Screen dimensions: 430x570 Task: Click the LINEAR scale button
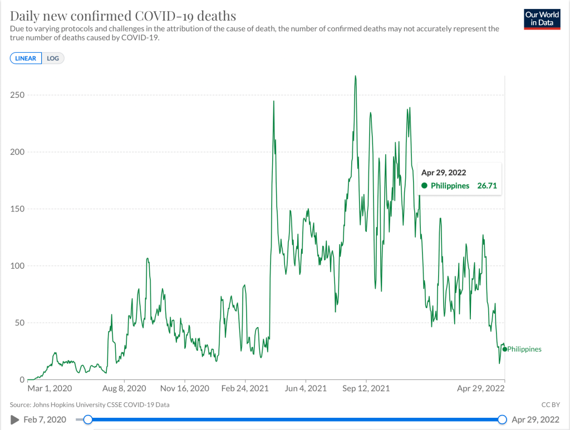(x=26, y=58)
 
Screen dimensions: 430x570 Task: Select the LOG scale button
(x=53, y=58)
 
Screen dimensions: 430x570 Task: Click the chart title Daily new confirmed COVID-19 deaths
(x=123, y=15)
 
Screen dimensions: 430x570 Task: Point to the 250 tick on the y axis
(x=17, y=95)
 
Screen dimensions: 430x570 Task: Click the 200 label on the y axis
(x=17, y=152)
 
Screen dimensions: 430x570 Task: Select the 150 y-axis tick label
(x=17, y=209)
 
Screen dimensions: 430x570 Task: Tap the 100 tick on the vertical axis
(x=17, y=266)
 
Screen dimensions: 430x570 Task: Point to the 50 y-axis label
(x=19, y=323)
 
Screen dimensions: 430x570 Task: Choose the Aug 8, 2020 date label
(x=125, y=389)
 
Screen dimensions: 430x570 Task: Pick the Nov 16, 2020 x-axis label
(x=184, y=389)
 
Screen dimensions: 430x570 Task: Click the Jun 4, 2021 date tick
(x=306, y=389)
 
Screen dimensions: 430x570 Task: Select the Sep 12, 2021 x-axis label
(x=366, y=389)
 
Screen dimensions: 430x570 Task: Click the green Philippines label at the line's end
(x=524, y=349)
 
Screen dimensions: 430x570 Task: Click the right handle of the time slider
(x=502, y=419)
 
